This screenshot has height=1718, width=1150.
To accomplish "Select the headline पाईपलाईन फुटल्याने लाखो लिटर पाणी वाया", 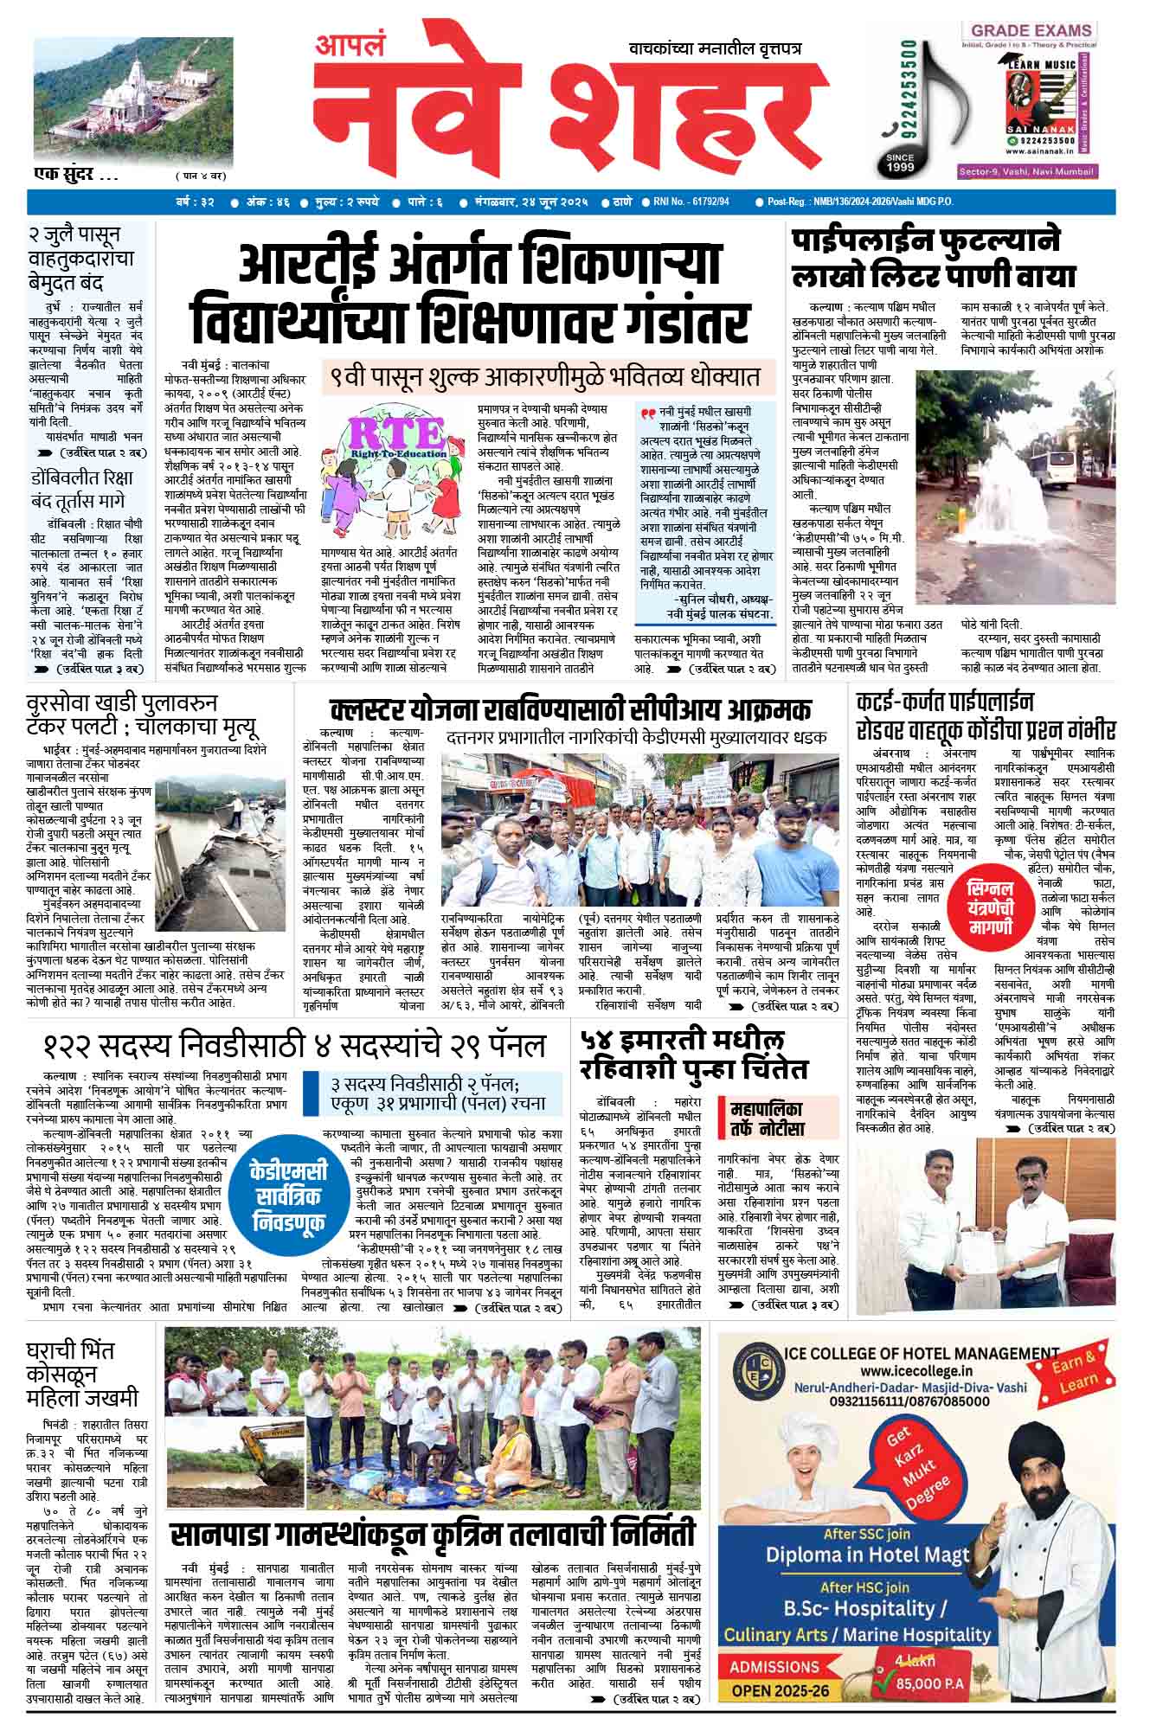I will click(935, 258).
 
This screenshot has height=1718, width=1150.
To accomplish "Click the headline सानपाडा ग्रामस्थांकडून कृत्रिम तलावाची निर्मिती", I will click(433, 1534).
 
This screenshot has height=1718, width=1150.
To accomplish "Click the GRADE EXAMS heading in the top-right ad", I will click(1028, 31).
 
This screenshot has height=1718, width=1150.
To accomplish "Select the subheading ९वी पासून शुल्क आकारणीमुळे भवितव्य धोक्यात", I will click(543, 377).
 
